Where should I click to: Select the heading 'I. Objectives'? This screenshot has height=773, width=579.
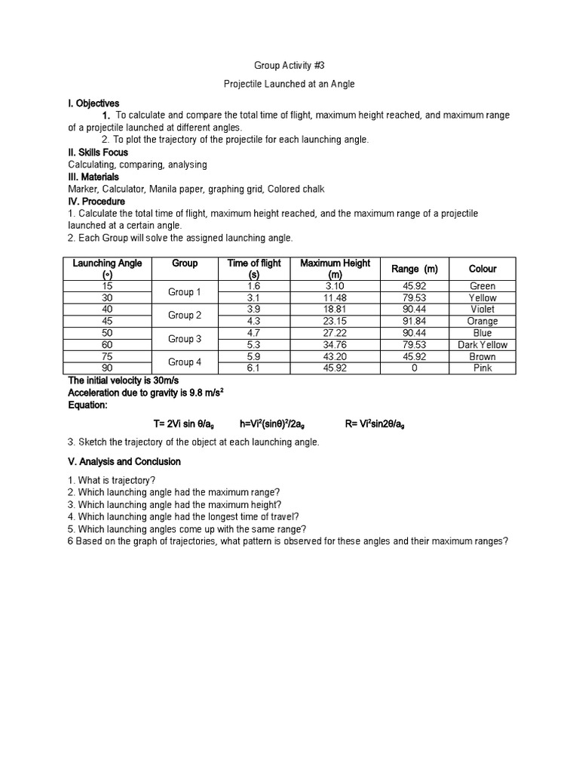pos(93,103)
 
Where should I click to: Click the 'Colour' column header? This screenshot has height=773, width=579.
pos(482,269)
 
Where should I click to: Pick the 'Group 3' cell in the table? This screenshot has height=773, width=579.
pos(185,339)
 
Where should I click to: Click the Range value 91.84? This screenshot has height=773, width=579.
pos(414,322)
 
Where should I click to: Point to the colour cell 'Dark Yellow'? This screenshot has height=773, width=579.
pos(482,345)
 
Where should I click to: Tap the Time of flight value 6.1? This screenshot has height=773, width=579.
pos(254,368)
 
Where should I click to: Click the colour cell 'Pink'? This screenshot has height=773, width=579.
pos(482,368)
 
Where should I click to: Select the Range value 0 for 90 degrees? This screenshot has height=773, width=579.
pos(414,368)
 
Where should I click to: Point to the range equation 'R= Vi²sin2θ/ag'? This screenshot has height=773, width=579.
pos(375,423)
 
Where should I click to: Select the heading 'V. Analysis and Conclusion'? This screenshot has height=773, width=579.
pos(124,461)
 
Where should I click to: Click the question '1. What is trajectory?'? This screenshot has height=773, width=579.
pos(112,480)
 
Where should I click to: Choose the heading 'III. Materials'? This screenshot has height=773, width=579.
pos(93,177)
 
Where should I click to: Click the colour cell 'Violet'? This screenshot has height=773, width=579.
pos(482,310)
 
